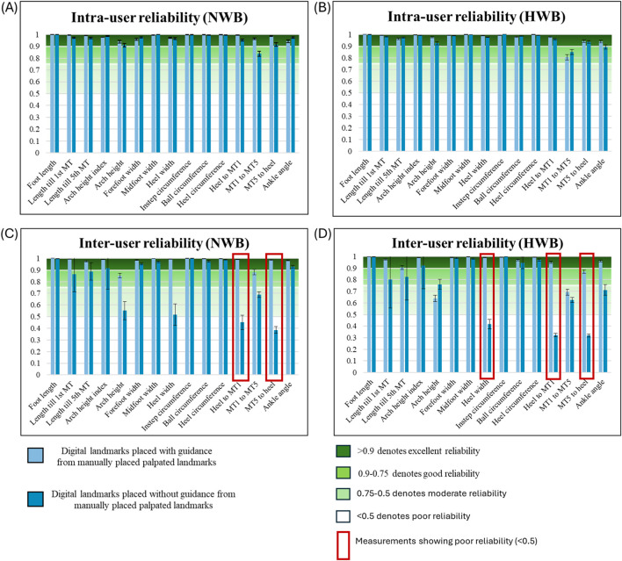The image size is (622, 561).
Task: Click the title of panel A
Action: click(x=159, y=18)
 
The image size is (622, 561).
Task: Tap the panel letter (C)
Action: click(x=9, y=234)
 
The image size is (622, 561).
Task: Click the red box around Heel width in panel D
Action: click(x=487, y=316)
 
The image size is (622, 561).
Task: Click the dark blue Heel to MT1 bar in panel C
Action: click(x=242, y=349)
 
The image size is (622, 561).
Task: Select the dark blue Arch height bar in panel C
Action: click(x=125, y=342)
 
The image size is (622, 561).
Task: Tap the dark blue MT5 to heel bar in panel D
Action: click(x=589, y=354)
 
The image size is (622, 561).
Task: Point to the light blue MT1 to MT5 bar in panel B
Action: click(x=568, y=104)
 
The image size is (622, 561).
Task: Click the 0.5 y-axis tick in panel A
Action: click(x=37, y=94)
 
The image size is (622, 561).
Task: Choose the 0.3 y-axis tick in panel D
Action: click(x=352, y=338)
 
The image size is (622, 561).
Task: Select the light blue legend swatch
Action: click(x=35, y=455)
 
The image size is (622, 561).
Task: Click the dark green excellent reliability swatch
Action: click(x=344, y=451)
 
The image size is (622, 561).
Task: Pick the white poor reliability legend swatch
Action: click(x=344, y=516)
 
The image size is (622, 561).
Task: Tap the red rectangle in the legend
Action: click(x=344, y=545)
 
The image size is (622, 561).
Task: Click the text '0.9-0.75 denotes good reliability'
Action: click(x=418, y=474)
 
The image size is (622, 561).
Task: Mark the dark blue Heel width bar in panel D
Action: click(x=489, y=349)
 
